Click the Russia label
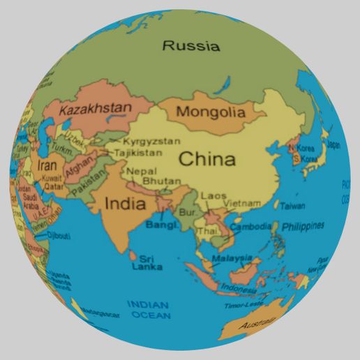pos(190,47)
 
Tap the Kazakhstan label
pos(96,109)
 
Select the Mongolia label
pos(211,112)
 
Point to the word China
pos(207,158)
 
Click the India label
pos(125,204)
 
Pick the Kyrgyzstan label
pos(151,141)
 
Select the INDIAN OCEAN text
pos(148,310)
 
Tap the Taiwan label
pos(292,206)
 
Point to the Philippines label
pos(303,225)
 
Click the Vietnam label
pos(242,203)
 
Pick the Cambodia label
pos(250,227)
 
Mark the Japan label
pos(333,145)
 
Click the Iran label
pos(47,166)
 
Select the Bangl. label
pos(160,225)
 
